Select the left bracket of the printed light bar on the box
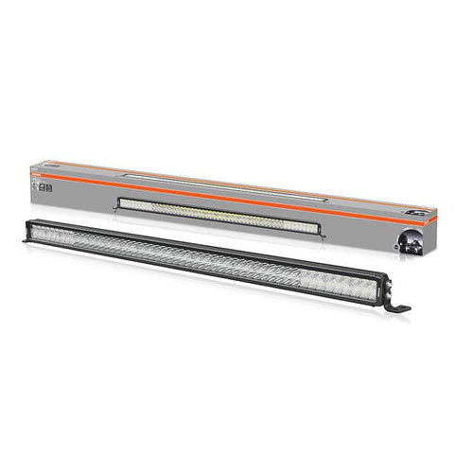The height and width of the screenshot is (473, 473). (x=117, y=201)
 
